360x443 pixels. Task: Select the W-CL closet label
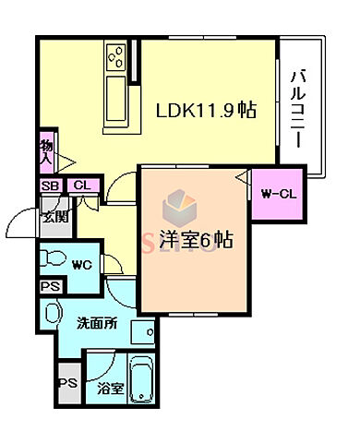pyautogui.click(x=276, y=194)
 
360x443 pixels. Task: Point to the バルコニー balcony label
pyautogui.click(x=298, y=107)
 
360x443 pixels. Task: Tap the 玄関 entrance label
pyautogui.click(x=54, y=218)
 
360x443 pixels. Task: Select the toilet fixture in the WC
pyautogui.click(x=54, y=258)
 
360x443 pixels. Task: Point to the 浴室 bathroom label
pyautogui.click(x=110, y=389)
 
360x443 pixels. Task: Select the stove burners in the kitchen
pyautogui.click(x=118, y=56)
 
